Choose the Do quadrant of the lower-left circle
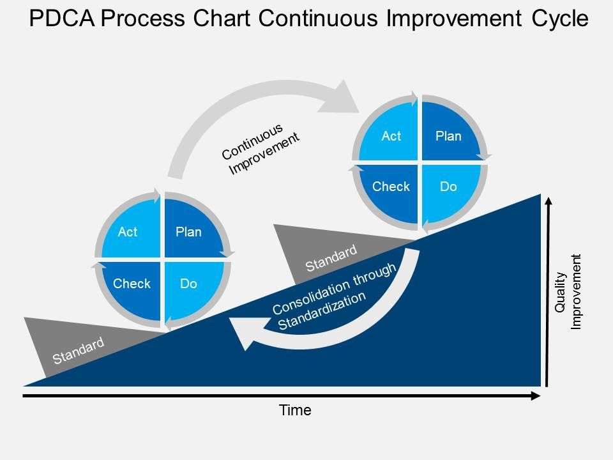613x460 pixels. tap(190, 284)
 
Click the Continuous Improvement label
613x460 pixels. tap(260, 148)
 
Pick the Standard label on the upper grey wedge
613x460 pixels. tap(331, 258)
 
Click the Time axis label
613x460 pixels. tap(295, 411)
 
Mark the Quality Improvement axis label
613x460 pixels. tap(568, 292)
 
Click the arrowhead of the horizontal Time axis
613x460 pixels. tap(536, 396)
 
